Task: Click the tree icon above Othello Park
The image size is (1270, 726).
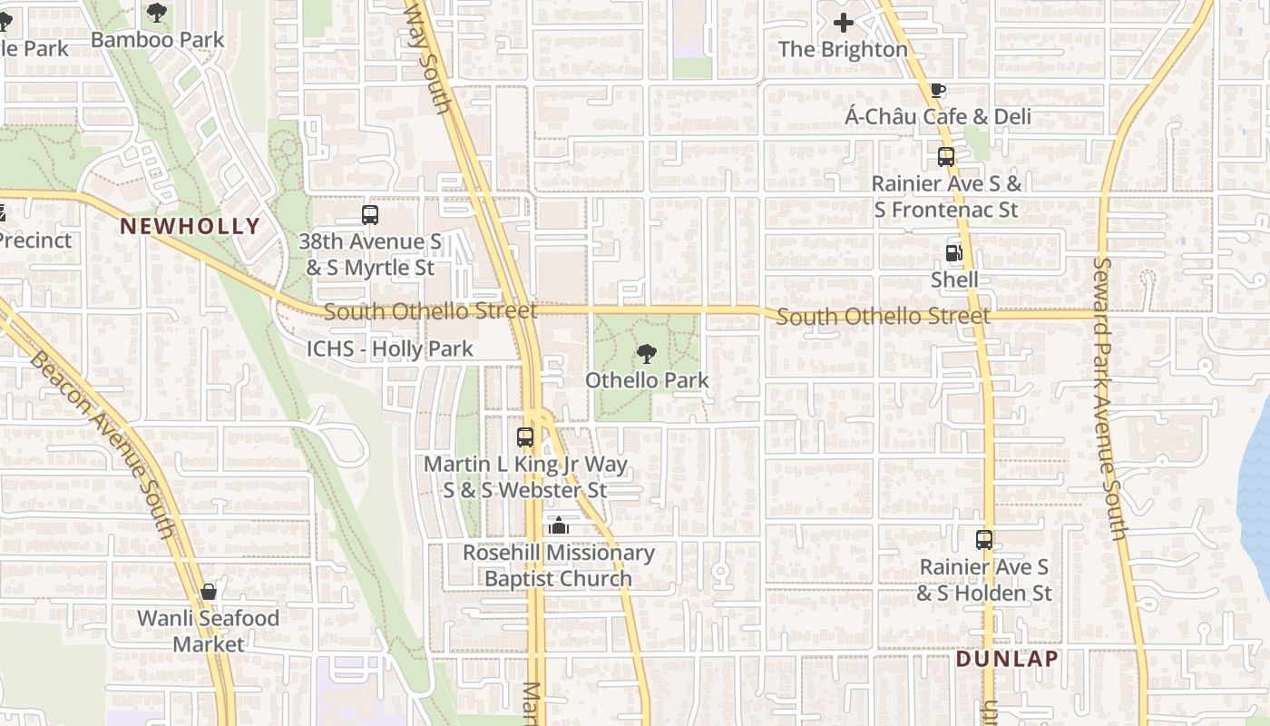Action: click(646, 353)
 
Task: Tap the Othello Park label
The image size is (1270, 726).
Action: click(647, 379)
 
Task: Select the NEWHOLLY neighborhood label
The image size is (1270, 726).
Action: click(190, 226)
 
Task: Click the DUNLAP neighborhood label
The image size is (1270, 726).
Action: click(1007, 659)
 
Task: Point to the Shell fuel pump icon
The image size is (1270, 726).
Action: click(953, 253)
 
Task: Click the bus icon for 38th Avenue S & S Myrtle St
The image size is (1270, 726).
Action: click(369, 215)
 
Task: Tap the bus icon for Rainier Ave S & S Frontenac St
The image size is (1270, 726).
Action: click(946, 156)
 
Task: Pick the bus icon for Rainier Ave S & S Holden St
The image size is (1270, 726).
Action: click(984, 540)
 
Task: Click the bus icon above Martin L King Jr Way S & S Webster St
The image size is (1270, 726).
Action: click(525, 437)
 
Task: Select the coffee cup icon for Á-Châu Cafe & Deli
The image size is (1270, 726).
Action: click(938, 90)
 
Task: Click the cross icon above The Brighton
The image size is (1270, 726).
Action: click(844, 23)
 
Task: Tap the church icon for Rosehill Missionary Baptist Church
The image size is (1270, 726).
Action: click(558, 525)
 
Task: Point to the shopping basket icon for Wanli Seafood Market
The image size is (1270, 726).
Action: click(209, 592)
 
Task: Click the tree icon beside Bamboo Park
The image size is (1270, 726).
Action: click(157, 13)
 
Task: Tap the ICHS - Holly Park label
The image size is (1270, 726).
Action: click(389, 348)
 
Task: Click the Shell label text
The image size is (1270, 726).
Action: click(954, 280)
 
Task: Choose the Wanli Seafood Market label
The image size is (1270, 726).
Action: click(208, 631)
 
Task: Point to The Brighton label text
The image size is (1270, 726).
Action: click(843, 49)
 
